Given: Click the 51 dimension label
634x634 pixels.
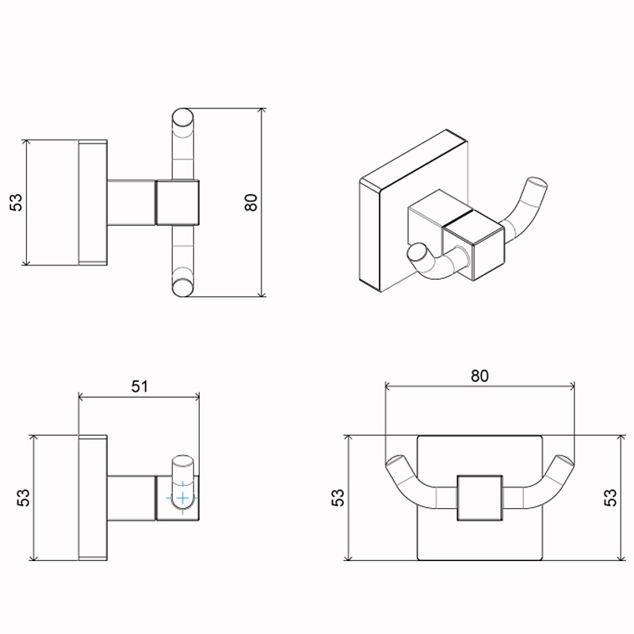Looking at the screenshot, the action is [x=139, y=387].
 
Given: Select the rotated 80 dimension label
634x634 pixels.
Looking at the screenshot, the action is [x=251, y=202].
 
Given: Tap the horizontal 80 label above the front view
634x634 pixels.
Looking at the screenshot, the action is [x=479, y=376].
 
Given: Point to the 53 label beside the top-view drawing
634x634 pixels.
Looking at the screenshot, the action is [x=16, y=202].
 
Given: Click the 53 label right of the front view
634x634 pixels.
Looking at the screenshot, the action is [x=610, y=498].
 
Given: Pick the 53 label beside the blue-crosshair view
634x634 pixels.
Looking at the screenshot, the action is [x=24, y=498].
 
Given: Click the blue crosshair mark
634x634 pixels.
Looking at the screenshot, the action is [x=183, y=498].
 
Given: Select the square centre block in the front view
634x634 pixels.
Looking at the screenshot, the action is [x=480, y=498].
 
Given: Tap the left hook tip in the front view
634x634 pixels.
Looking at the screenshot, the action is [x=395, y=460].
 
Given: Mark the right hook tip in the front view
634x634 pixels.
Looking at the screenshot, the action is [x=564, y=460].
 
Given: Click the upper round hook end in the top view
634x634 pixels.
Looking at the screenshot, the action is [x=183, y=117].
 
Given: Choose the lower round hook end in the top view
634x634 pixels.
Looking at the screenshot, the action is [x=183, y=288].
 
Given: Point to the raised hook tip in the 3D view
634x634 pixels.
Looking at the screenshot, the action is [x=538, y=185].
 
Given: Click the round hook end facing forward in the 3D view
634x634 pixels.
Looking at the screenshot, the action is [x=417, y=253].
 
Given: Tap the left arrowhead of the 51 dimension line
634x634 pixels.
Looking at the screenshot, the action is [x=82, y=398].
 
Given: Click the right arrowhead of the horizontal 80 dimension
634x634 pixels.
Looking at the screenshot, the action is [x=571, y=387].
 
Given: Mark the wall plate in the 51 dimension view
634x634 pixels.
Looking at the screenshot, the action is [x=93, y=498].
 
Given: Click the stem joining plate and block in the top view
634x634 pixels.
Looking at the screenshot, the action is [x=132, y=202].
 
